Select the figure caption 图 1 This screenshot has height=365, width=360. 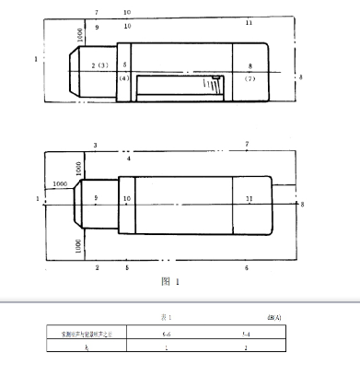point(170,280)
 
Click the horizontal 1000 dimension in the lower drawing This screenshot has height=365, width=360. point(62,184)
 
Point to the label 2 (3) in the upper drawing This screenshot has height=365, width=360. point(100,65)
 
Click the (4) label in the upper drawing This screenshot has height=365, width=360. point(124,78)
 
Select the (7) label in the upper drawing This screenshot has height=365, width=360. point(250,79)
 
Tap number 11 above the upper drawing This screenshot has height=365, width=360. point(249,21)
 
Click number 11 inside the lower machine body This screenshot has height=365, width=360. point(249,198)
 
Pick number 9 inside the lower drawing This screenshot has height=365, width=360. point(96,198)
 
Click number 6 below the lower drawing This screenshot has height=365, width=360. point(246,267)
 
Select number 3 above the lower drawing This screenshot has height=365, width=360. point(95,146)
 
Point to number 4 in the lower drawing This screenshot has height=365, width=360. point(129,159)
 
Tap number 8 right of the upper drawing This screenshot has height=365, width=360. point(300,77)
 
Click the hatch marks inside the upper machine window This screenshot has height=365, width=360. point(214,85)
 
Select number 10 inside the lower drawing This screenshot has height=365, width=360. point(127,198)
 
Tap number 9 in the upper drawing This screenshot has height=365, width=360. point(96,28)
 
